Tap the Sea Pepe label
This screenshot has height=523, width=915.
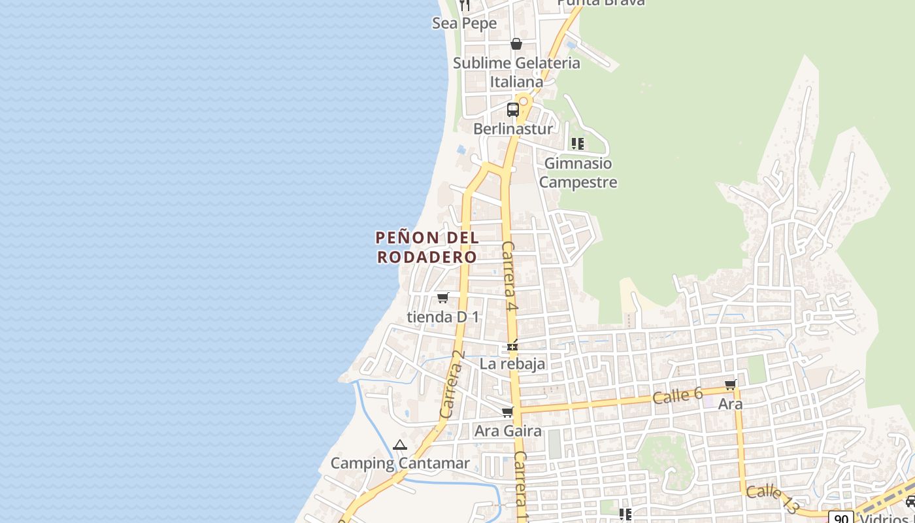[x=465, y=24]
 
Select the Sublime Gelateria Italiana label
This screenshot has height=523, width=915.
[x=516, y=73]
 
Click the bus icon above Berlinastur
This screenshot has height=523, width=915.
[x=513, y=109]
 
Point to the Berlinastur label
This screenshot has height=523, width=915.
[x=512, y=129]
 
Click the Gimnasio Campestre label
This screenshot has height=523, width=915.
[x=578, y=173]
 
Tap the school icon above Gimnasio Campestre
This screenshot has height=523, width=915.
[x=577, y=144]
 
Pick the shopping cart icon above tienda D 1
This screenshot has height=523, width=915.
[x=442, y=298]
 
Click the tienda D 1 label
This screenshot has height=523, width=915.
[x=443, y=317]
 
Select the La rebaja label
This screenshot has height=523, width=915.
[x=512, y=364]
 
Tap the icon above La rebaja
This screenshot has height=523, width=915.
[x=512, y=345]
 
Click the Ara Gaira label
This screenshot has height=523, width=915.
[x=508, y=431]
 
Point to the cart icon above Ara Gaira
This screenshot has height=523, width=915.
[x=507, y=412]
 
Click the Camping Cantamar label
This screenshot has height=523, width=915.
[x=400, y=464]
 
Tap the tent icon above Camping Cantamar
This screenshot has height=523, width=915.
[x=400, y=445]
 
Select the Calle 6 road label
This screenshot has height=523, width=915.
[x=678, y=395]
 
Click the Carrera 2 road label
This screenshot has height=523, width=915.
[x=452, y=384]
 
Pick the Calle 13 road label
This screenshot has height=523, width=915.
[x=772, y=498]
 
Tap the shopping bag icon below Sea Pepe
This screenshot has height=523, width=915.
[x=516, y=44]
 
